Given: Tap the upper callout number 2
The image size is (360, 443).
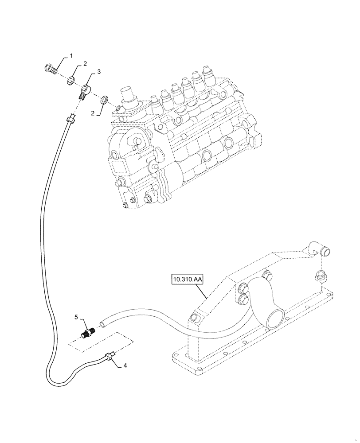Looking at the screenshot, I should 80,64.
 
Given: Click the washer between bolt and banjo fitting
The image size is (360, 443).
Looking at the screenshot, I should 70,81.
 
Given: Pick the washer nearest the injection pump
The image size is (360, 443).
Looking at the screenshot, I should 104,99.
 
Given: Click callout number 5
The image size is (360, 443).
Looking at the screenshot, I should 76,317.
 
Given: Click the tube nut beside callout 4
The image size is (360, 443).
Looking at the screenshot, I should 110,355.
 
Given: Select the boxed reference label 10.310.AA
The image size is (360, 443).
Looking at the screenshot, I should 186,280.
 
